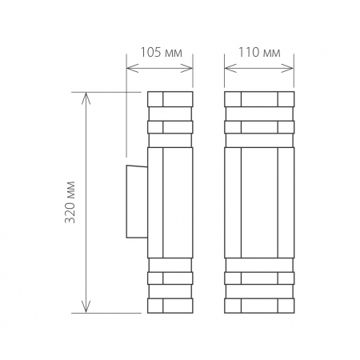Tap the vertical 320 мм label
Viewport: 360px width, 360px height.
70,202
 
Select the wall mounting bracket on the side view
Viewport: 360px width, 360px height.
136,202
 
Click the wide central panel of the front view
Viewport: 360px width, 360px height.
259,202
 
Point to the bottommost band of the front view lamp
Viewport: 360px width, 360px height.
259,306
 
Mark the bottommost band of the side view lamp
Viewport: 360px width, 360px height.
170,306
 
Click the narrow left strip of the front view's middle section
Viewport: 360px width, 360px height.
233,202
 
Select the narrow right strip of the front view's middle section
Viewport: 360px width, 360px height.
286,202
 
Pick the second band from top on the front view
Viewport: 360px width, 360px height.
259,126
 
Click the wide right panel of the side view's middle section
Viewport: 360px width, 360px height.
178,202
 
